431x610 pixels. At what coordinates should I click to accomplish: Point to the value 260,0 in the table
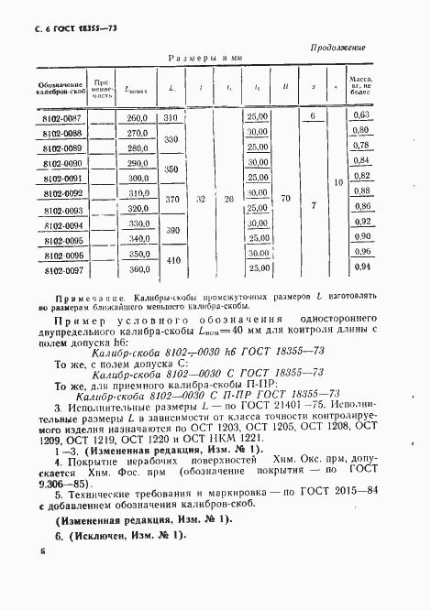[x=138, y=117]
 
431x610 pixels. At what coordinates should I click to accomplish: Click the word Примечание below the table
[x=75, y=298]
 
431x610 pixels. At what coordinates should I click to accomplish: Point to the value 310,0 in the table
[x=138, y=194]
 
